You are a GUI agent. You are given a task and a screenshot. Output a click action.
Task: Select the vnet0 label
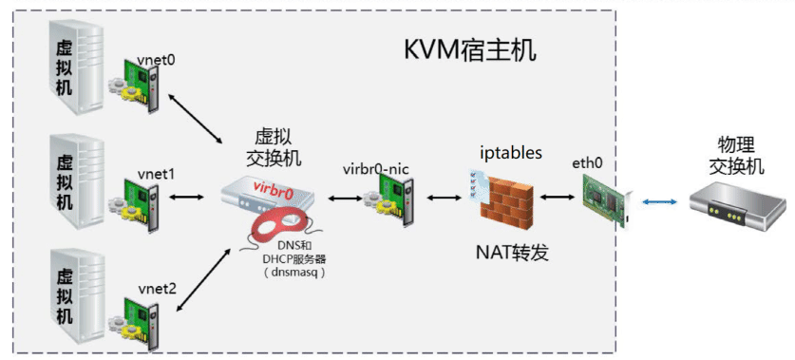(x=156, y=59)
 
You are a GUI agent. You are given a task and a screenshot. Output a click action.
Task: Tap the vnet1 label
(x=156, y=173)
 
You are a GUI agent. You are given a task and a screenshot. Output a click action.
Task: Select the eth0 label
(x=587, y=163)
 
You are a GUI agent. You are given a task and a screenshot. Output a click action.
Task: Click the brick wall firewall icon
(x=509, y=197)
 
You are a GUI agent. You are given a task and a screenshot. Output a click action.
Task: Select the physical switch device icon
(x=737, y=203)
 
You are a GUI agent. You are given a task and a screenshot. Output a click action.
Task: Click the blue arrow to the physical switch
(x=657, y=202)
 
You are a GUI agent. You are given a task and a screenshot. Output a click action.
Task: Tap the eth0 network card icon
(x=604, y=198)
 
